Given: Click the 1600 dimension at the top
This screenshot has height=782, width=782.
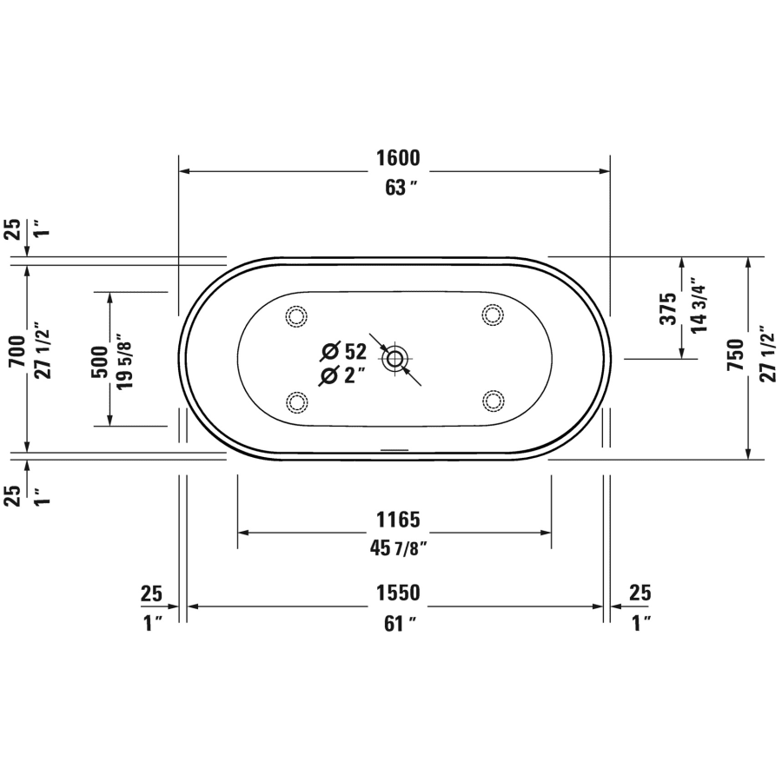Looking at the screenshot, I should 398,158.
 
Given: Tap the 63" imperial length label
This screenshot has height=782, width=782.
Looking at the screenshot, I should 396,188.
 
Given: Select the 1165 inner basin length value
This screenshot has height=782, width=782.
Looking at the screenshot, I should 398,520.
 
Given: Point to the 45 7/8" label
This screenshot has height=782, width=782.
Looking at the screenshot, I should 398,548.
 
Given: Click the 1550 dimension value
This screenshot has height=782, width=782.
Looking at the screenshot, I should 398,593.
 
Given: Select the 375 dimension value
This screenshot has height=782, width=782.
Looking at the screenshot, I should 667,308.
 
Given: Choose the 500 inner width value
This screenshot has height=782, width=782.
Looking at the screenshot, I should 98,359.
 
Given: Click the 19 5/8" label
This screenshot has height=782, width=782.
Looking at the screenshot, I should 124,359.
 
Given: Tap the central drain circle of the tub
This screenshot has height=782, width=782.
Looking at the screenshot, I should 395,358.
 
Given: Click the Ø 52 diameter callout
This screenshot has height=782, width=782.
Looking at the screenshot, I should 343,351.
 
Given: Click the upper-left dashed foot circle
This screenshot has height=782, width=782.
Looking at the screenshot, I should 296,315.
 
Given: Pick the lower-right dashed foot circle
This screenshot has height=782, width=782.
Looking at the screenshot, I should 494,401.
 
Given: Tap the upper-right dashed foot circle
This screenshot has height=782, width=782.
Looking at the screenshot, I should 494,315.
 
